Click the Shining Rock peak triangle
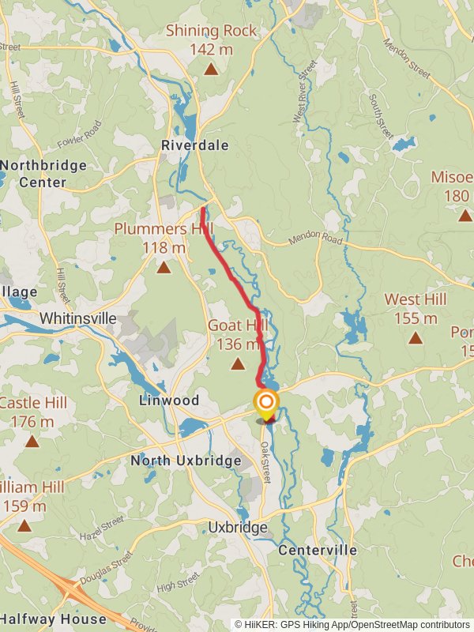(211, 69)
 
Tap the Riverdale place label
(194, 145)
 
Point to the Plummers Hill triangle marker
(164, 268)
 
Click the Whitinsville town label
(78, 319)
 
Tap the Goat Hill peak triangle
(238, 364)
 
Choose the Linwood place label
(169, 401)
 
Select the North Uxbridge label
(186, 461)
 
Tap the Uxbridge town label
(236, 527)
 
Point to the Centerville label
(318, 550)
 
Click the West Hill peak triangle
(415, 338)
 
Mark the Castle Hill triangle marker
(32, 441)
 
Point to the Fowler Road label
(80, 135)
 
